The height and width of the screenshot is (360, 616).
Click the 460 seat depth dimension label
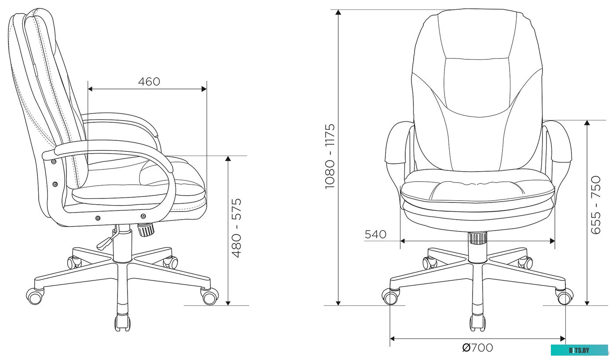tap(149, 81)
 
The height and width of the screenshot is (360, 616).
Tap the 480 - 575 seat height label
tap(237, 228)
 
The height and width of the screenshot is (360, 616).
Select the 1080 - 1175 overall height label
tap(330, 156)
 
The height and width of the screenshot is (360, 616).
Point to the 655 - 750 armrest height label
tap(596, 205)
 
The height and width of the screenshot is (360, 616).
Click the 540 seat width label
tap(375, 235)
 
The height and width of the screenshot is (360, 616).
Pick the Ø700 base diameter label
tap(477, 348)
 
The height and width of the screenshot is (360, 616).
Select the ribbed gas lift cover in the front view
tap(477, 239)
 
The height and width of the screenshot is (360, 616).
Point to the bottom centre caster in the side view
tap(122, 322)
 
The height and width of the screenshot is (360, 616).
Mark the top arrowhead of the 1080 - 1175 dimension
tap(338, 12)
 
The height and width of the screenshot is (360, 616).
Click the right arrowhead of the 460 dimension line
tap(204, 89)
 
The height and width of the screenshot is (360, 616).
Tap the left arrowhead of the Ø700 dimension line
tap(393, 338)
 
